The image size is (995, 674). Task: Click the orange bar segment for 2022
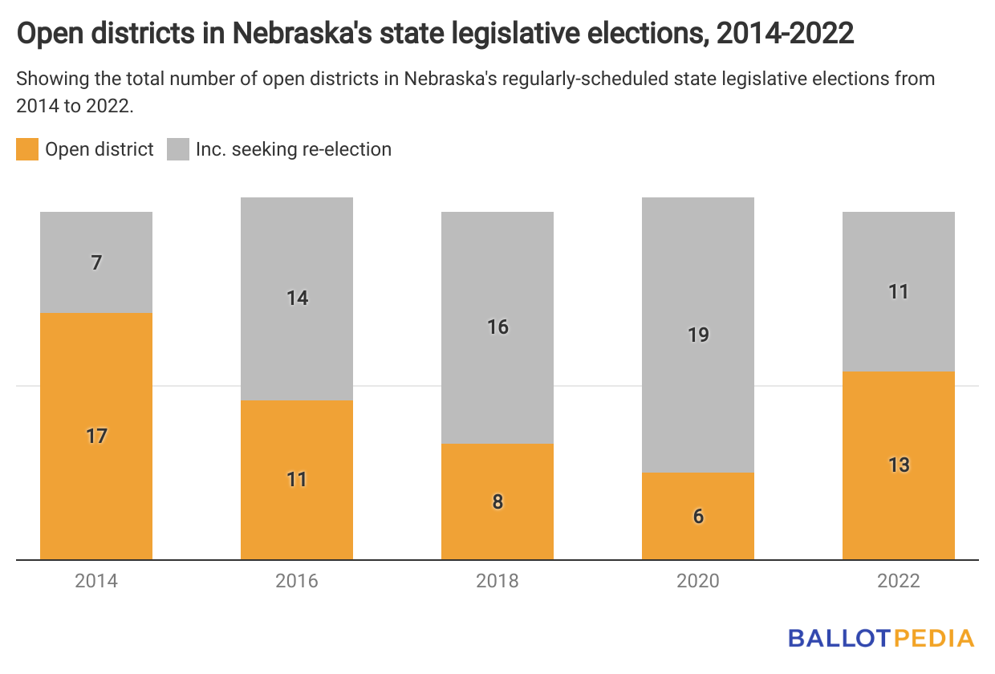[899, 514]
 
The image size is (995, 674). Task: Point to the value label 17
[96, 436]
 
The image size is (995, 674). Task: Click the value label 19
[698, 335]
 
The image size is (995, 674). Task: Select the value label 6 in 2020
[698, 516]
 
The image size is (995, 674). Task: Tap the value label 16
[497, 327]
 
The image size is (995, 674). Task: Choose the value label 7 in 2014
[96, 262]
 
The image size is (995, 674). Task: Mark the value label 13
[899, 465]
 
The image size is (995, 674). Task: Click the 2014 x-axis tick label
[96, 581]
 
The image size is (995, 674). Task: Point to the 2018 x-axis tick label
[497, 581]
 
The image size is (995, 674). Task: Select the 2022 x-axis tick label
[899, 581]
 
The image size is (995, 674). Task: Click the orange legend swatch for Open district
[27, 149]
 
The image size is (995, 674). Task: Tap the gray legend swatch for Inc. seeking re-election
[178, 149]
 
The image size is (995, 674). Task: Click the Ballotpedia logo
[881, 638]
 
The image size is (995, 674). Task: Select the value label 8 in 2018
[497, 502]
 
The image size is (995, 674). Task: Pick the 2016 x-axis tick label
[297, 581]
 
